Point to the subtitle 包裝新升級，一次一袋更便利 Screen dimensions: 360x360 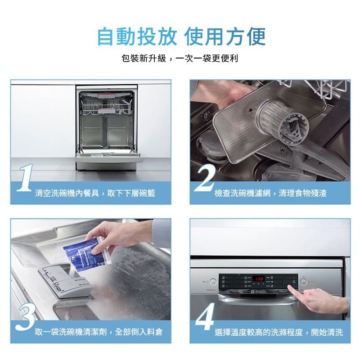(180, 58)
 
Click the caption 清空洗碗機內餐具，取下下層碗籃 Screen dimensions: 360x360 (95, 193)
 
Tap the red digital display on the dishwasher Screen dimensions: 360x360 (259, 279)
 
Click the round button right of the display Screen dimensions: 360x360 (304, 282)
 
